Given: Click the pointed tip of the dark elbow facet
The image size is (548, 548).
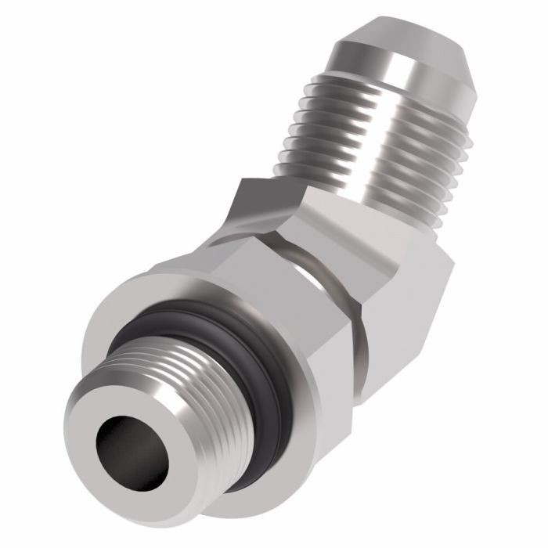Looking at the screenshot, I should click(243, 182).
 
